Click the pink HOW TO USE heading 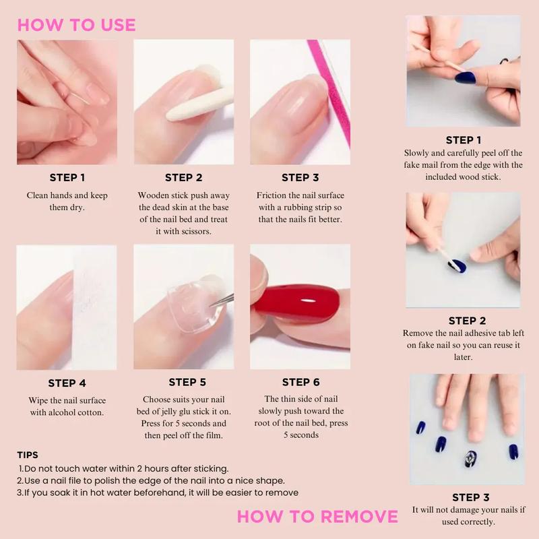[76, 25]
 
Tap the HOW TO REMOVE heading [317, 517]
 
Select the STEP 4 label [67, 383]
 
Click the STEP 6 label [300, 383]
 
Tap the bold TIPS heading [28, 455]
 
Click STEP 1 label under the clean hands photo [67, 178]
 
